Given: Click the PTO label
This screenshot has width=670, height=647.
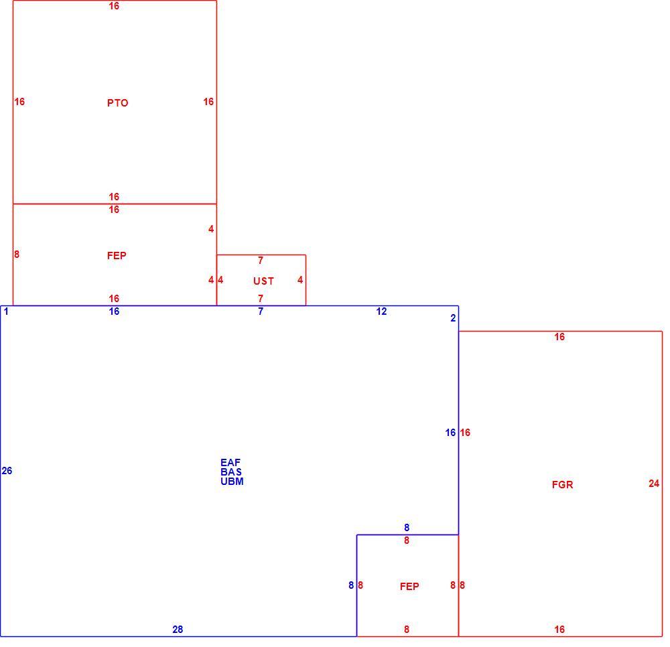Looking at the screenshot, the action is [x=117, y=103].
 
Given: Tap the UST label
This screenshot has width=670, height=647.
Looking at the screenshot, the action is [x=263, y=281].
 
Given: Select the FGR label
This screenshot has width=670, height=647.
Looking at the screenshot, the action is [x=562, y=485].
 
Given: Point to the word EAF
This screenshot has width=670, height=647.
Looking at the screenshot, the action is [x=230, y=463].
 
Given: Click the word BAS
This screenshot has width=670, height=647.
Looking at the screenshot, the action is [x=231, y=472].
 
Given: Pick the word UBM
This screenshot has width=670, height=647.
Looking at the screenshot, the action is [x=232, y=482].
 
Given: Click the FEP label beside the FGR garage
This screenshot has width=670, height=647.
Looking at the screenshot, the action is [x=409, y=586].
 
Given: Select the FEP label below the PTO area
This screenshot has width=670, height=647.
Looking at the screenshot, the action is [x=117, y=255].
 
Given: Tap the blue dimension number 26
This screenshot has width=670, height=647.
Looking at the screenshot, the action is [x=7, y=471].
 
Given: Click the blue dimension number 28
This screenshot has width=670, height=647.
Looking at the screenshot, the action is [x=178, y=629].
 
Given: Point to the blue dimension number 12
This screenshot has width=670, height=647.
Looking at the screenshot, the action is [x=382, y=311].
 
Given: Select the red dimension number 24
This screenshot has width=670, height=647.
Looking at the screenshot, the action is [x=654, y=484].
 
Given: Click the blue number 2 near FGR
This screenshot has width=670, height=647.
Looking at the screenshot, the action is [x=453, y=318].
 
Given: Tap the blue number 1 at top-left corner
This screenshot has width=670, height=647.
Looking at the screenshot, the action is [x=6, y=311].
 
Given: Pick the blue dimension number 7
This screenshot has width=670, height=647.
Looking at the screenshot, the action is [x=261, y=311].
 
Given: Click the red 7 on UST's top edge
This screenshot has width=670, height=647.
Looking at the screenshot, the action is [x=261, y=260].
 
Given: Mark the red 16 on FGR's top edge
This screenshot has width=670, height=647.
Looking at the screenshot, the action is [x=559, y=337].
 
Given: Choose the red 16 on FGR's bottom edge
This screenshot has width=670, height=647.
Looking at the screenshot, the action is [x=559, y=629].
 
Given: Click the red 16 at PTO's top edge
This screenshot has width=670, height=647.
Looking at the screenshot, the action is [x=114, y=6].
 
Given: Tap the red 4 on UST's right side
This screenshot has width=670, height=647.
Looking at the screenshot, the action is [x=300, y=280].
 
